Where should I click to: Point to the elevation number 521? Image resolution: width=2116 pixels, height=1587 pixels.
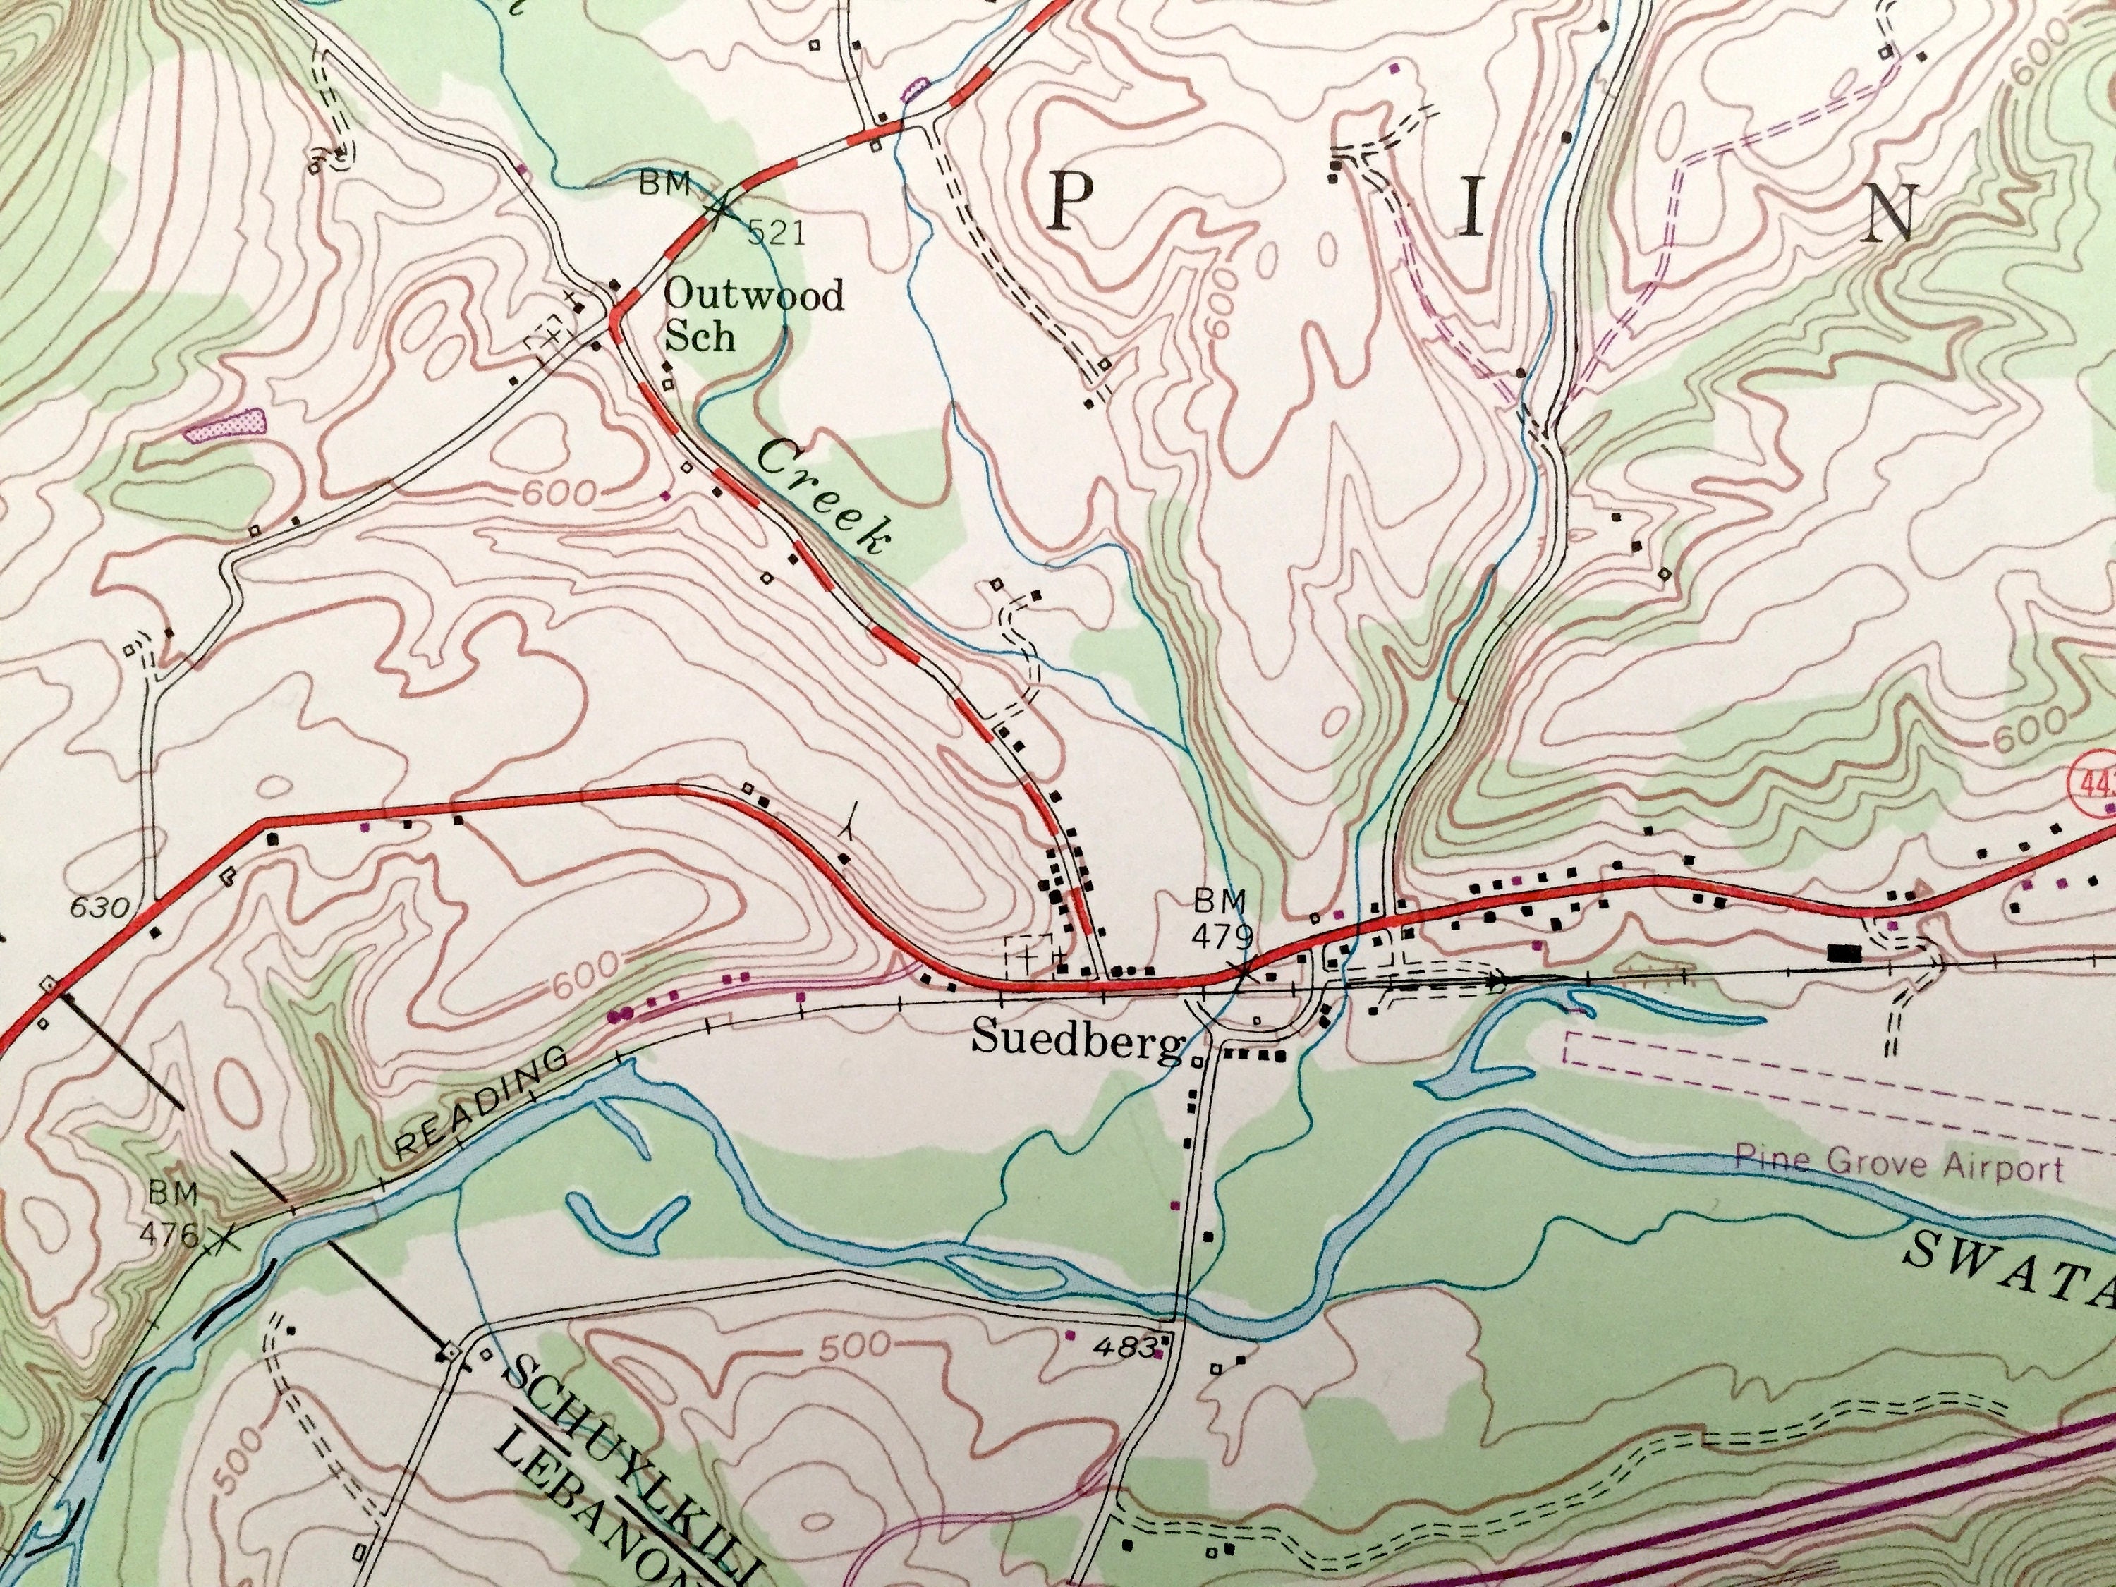776,233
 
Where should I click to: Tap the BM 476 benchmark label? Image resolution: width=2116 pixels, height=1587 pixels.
172,1210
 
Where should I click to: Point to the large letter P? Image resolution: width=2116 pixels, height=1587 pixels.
1071,205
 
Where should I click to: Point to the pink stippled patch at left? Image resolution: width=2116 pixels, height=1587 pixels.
226,424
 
